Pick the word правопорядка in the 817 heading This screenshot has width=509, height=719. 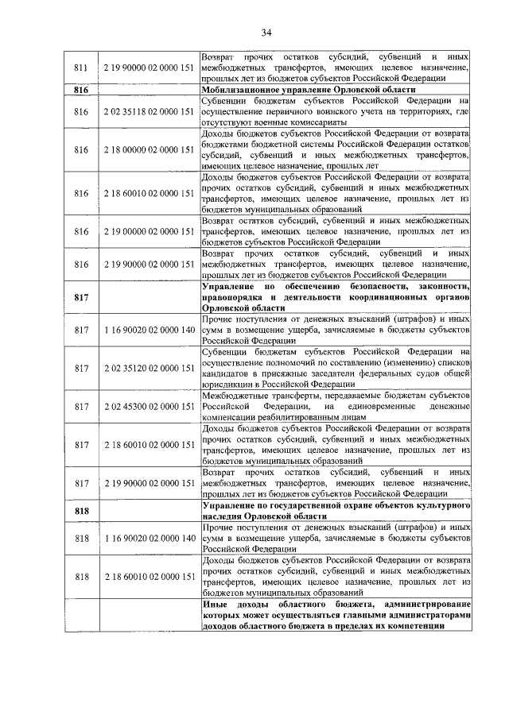(x=239, y=296)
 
